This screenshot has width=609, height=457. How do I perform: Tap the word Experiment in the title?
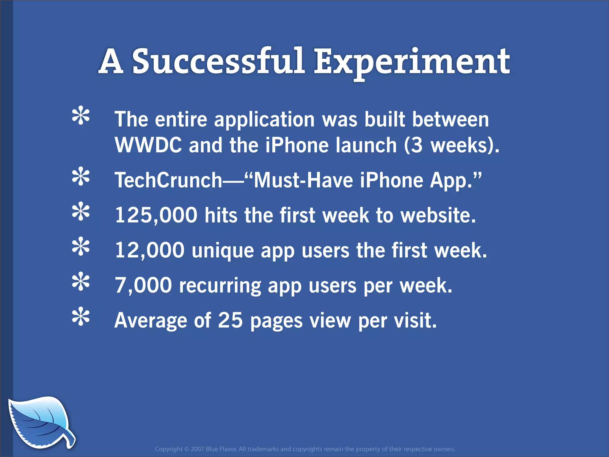pos(412,62)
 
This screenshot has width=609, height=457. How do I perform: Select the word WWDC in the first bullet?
pos(148,145)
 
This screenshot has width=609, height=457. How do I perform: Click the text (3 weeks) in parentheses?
pos(451,145)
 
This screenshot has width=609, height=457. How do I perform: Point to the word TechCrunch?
pos(168,180)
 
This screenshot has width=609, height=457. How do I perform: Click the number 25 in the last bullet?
pos(230,320)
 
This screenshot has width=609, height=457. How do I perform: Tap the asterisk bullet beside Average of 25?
pos(81,317)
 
